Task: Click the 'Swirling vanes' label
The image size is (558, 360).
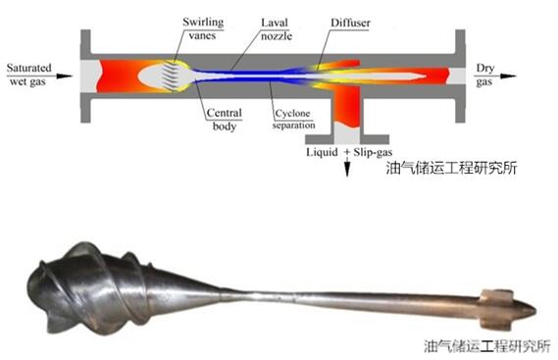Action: [203, 28]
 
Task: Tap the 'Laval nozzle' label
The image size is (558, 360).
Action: [277, 29]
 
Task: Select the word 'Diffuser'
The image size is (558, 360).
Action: [350, 24]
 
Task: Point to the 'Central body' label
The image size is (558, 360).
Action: [225, 120]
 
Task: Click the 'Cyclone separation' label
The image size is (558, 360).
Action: [293, 119]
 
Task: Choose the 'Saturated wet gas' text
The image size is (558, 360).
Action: [28, 75]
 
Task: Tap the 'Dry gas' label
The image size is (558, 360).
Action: [484, 75]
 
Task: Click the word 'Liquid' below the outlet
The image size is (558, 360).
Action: [322, 152]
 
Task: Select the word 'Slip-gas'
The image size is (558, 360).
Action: [373, 152]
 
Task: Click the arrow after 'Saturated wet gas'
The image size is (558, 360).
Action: [65, 76]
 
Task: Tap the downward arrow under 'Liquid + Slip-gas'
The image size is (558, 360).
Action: [347, 167]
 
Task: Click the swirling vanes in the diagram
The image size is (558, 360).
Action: [171, 76]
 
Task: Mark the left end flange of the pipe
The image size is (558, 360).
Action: [85, 77]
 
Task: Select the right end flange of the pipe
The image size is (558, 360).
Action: [460, 77]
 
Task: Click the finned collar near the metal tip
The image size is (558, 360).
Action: [497, 309]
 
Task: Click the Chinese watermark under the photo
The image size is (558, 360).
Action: [487, 346]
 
